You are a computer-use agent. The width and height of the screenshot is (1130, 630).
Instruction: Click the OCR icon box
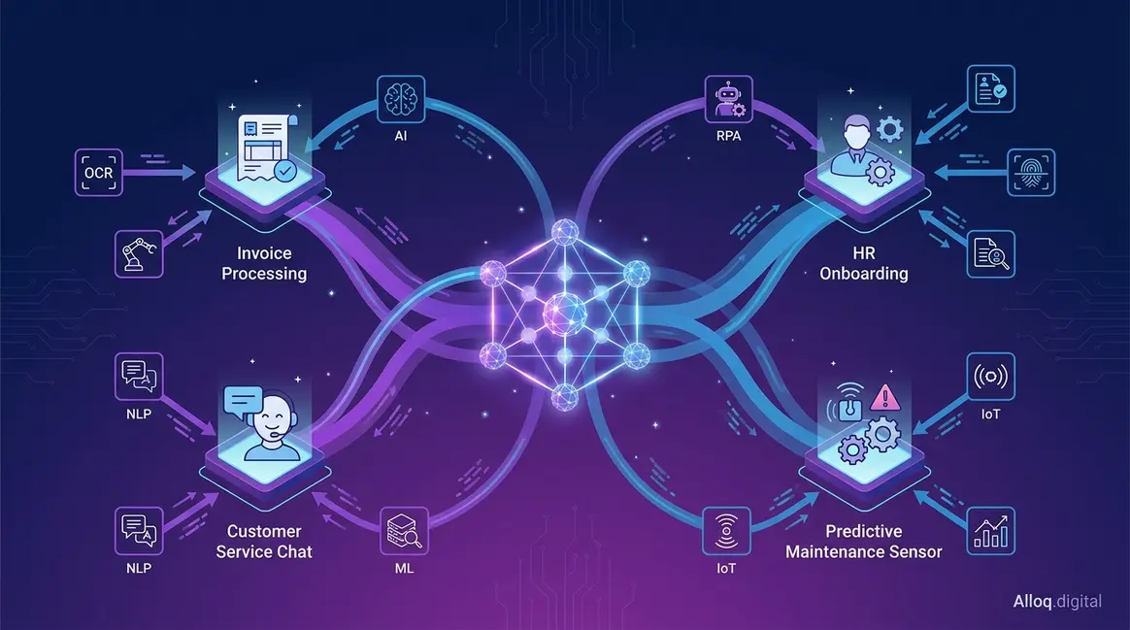point(99,172)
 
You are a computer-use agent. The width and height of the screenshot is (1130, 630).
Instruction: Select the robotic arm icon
point(139,253)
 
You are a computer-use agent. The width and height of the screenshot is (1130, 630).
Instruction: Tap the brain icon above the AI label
point(401,99)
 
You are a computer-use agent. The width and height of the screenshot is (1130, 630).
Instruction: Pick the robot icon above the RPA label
point(729,99)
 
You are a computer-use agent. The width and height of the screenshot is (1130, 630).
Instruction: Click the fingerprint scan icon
point(1031,172)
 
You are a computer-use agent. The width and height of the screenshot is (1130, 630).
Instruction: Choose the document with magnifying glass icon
point(991,253)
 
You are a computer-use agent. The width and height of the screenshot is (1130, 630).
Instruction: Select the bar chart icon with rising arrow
point(991,531)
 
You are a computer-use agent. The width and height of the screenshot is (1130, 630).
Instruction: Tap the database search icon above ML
point(404,531)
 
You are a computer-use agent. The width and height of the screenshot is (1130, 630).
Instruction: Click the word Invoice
point(264,253)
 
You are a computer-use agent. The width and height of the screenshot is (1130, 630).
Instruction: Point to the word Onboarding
point(864,274)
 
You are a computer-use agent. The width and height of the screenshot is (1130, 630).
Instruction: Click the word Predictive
point(863,531)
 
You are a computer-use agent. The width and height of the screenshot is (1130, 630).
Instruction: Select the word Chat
point(295,551)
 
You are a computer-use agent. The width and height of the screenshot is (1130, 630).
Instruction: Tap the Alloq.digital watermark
point(1057,601)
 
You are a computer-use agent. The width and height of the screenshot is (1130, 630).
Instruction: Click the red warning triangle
point(885,397)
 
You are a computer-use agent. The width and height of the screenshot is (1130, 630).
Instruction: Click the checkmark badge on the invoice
point(285,171)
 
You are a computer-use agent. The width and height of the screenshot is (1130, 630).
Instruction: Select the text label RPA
point(729,136)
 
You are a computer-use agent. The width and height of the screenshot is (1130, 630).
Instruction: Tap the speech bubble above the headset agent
point(243,401)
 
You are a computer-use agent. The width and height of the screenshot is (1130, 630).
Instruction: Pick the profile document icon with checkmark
point(991,88)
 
